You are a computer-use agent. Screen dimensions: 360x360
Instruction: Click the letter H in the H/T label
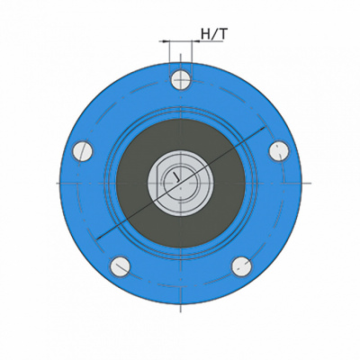pos(206,34)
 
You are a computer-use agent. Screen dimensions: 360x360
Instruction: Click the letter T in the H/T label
pos(223,34)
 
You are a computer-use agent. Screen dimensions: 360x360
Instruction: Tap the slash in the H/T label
pos(214,34)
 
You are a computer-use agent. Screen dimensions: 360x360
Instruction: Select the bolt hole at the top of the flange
pos(181,80)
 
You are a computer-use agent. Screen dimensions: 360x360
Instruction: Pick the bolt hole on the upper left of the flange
pos(83,151)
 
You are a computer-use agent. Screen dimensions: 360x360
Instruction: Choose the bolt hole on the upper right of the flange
pos(279,151)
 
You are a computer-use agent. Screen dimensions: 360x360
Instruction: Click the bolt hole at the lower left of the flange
pos(120,266)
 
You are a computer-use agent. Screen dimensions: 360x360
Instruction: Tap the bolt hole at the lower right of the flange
pos(241,266)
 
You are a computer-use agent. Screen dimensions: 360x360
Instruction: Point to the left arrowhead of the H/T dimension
pos(166,41)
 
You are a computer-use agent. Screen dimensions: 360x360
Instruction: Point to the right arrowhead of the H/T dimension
pos(195,41)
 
